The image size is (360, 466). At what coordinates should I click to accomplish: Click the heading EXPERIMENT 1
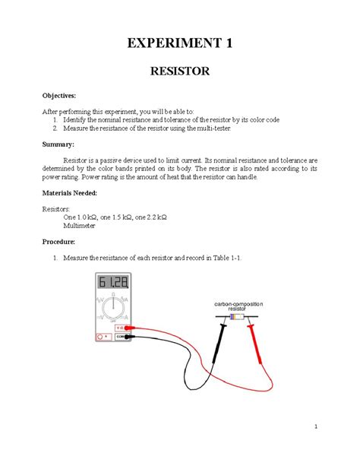179,43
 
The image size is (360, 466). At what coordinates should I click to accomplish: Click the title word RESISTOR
179,73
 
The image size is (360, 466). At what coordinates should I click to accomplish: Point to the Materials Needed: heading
74,193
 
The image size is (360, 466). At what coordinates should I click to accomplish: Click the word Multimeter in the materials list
84,226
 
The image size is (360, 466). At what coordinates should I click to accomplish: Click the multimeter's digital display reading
111,284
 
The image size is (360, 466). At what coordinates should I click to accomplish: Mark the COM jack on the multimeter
120,336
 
